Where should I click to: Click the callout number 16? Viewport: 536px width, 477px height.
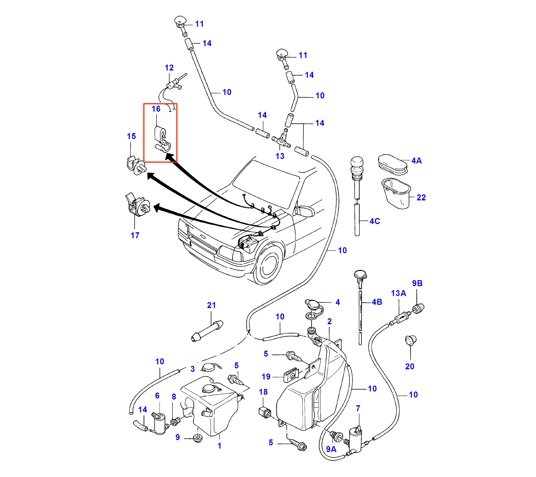click(156, 109)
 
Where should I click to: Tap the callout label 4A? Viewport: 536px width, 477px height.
click(416, 161)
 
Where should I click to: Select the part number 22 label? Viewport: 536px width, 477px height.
click(421, 198)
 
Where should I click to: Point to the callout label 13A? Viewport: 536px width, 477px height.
click(398, 293)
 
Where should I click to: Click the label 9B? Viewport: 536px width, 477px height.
click(417, 284)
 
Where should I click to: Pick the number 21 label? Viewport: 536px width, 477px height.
click(211, 305)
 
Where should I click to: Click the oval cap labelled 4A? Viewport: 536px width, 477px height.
click(392, 164)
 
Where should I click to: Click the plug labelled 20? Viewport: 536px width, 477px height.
click(410, 340)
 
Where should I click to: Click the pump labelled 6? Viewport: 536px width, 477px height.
click(159, 423)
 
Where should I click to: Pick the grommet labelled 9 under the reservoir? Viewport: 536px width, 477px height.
click(198, 439)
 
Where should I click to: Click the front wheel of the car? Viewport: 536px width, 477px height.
click(268, 264)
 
